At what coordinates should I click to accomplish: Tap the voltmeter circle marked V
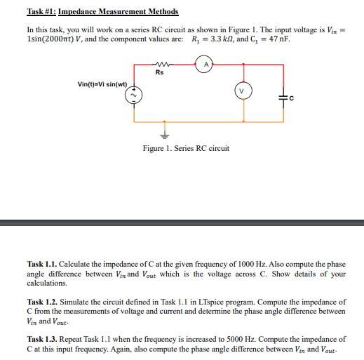(x=243, y=91)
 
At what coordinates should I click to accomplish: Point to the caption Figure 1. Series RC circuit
(x=184, y=148)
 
